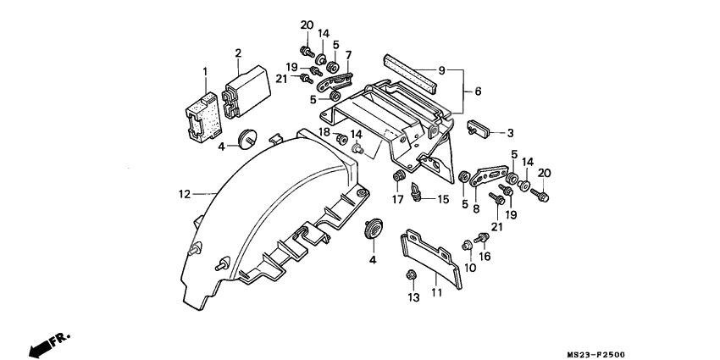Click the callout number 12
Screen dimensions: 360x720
185,193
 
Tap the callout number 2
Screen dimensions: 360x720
239,53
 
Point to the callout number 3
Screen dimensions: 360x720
511,133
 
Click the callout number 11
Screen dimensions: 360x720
437,293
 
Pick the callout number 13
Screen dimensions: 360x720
413,297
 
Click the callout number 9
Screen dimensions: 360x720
441,69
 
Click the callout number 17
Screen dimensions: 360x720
396,199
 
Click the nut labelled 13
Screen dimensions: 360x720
410,275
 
